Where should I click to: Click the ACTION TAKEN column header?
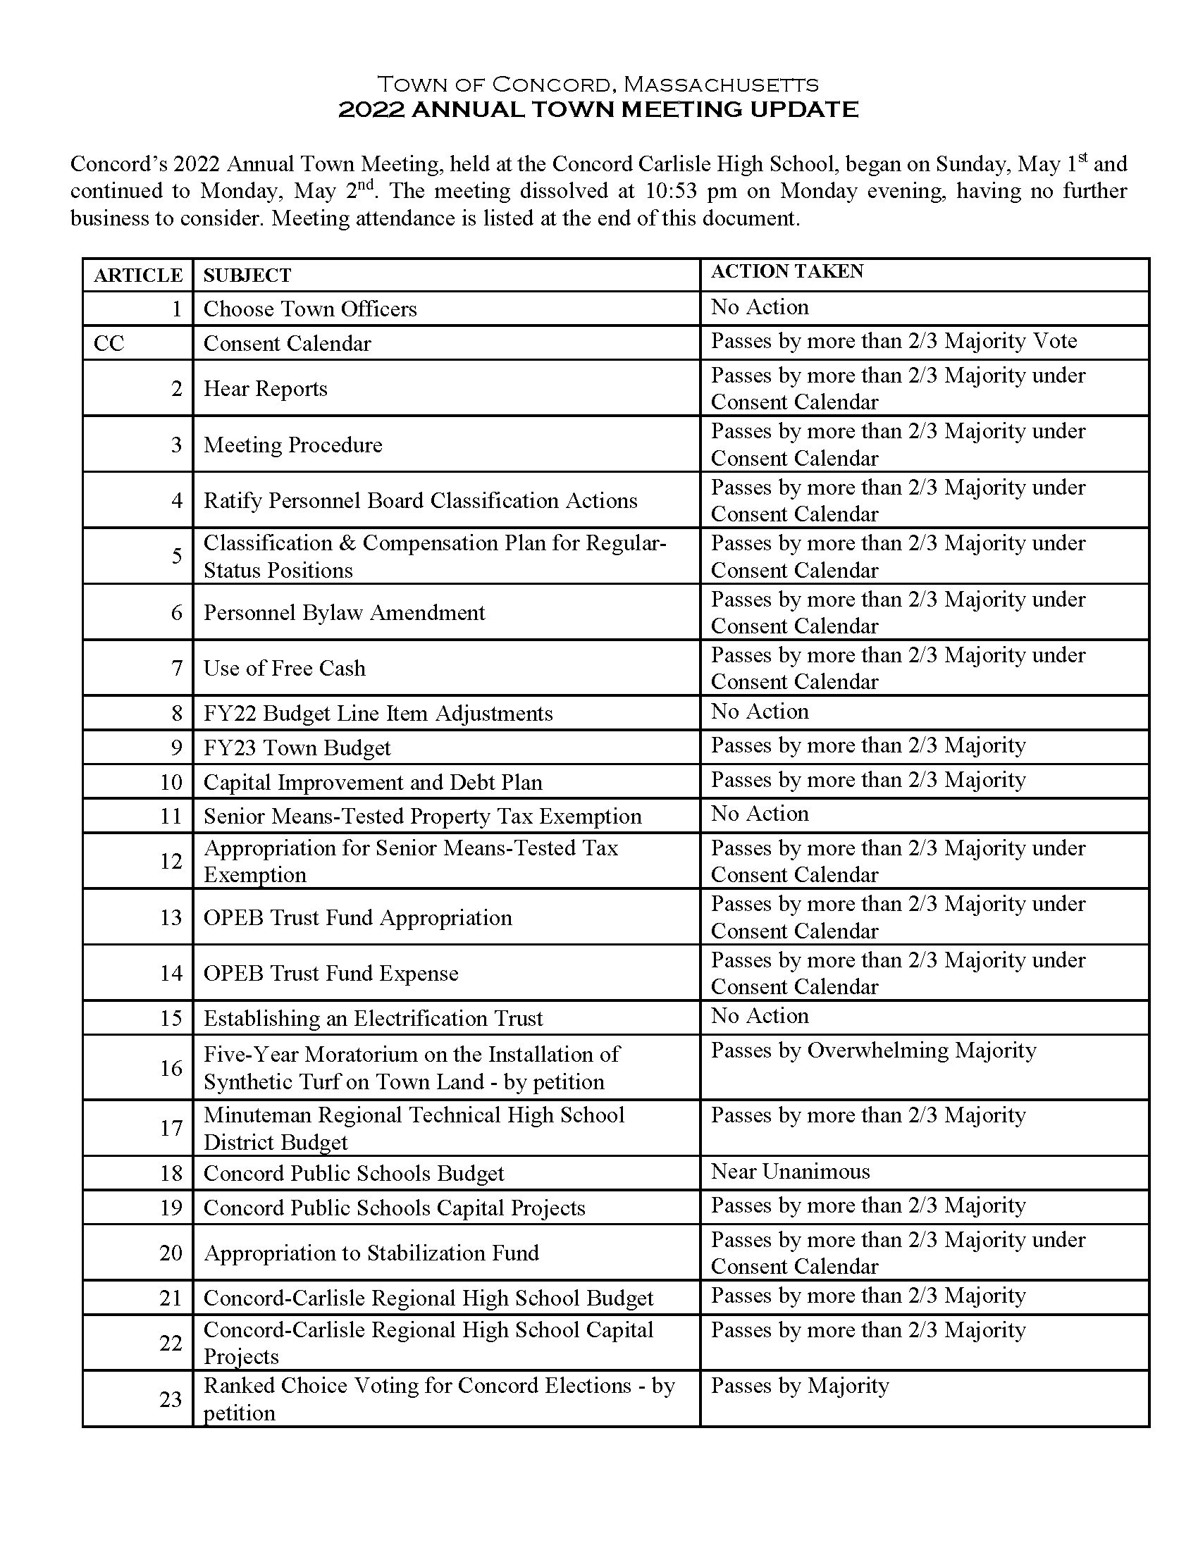[x=786, y=272]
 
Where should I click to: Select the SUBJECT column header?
[x=247, y=275]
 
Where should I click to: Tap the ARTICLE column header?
[x=137, y=275]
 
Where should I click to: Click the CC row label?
[x=109, y=344]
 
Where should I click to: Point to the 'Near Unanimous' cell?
[x=790, y=1172]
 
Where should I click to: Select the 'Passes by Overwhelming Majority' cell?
[x=873, y=1050]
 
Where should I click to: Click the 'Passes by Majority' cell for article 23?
[x=799, y=1386]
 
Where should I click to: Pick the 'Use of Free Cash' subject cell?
[x=285, y=669]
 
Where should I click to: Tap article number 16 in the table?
[x=171, y=1068]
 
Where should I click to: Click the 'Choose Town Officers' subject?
[x=310, y=309]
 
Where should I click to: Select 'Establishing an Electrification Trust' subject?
[x=373, y=1019]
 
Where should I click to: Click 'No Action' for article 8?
[x=760, y=712]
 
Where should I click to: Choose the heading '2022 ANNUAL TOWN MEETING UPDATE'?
[x=598, y=109]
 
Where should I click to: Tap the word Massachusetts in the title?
[x=720, y=85]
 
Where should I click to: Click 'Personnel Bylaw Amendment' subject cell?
[x=344, y=612]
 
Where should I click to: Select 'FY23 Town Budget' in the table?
[x=297, y=748]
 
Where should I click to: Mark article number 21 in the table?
[x=171, y=1298]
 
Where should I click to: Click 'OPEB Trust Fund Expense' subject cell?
[x=331, y=973]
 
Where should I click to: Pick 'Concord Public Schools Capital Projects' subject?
[x=394, y=1208]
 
